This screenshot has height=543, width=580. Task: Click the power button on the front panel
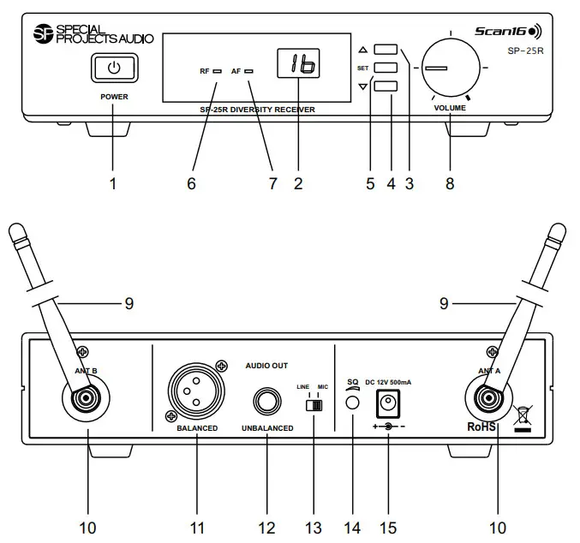pyautogui.click(x=114, y=69)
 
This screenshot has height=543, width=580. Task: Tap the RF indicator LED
pyautogui.click(x=218, y=72)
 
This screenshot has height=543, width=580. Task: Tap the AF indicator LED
pyautogui.click(x=248, y=72)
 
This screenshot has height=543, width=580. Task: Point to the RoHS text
pyautogui.click(x=481, y=426)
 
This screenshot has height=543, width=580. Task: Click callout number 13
pyautogui.click(x=315, y=526)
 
